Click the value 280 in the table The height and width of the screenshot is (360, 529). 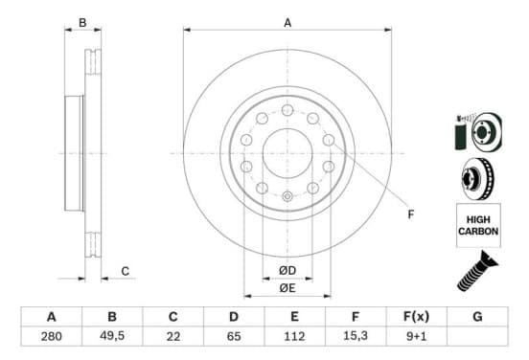coord(52,336)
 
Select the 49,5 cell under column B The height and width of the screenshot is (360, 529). coord(112,336)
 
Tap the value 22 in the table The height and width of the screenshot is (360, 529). coord(173,336)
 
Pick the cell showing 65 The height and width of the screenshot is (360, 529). coord(234,336)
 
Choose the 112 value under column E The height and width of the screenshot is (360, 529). coord(294,336)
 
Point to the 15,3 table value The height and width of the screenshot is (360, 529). coord(356,336)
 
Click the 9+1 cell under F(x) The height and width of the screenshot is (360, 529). coord(416,336)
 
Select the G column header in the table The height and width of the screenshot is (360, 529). coord(477,317)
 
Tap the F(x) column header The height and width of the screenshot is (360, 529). coord(416,317)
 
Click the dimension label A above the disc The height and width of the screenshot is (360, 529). coord(287,23)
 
